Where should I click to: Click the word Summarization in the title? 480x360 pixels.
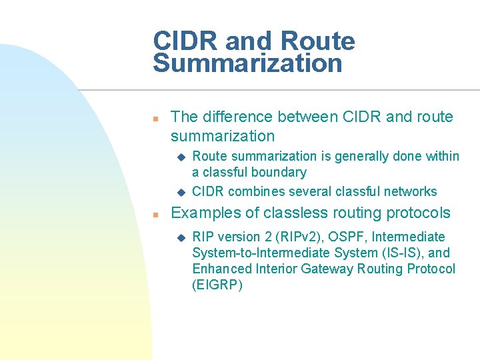pyautogui.click(x=247, y=64)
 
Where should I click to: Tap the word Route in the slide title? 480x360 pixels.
pyautogui.click(x=318, y=41)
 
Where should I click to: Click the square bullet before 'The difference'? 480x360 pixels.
pyautogui.click(x=154, y=118)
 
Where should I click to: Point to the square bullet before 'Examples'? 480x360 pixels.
pyautogui.click(x=154, y=215)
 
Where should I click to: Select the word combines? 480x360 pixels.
pyautogui.click(x=253, y=192)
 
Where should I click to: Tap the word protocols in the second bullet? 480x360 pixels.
pyautogui.click(x=418, y=213)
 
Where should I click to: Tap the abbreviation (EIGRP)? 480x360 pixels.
pyautogui.click(x=217, y=285)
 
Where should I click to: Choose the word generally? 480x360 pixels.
pyautogui.click(x=361, y=156)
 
